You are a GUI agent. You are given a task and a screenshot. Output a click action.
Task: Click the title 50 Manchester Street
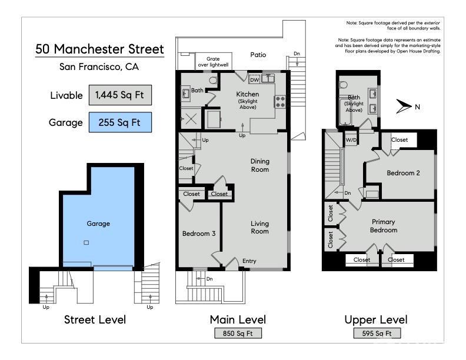pyautogui.click(x=99, y=49)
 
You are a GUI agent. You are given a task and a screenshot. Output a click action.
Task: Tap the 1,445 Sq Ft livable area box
pyautogui.click(x=120, y=95)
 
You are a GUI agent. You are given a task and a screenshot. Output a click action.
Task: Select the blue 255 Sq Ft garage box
pyautogui.click(x=120, y=122)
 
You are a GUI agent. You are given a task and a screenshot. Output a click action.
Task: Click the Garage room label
pyautogui.click(x=98, y=224)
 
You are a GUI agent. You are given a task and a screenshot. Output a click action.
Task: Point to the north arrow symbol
pyautogui.click(x=404, y=106)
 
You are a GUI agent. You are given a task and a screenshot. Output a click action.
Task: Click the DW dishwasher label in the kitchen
pyautogui.click(x=254, y=80)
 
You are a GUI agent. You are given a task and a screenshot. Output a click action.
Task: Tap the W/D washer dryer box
pyautogui.click(x=351, y=140)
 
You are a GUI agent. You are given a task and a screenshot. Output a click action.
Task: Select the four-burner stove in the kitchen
pyautogui.click(x=280, y=101)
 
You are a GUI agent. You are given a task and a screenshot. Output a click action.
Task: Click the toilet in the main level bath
pyautogui.click(x=213, y=80)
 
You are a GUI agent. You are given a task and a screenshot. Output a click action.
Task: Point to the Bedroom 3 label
pyautogui.click(x=199, y=234)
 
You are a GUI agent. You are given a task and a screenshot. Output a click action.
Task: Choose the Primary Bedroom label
pyautogui.click(x=384, y=226)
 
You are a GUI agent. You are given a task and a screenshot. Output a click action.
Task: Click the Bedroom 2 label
pyautogui.click(x=403, y=173)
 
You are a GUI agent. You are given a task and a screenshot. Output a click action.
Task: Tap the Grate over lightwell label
pyautogui.click(x=213, y=62)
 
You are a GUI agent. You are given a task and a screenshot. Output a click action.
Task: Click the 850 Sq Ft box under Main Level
pyautogui.click(x=238, y=334)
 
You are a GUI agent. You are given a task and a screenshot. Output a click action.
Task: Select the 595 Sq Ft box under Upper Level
pyautogui.click(x=377, y=334)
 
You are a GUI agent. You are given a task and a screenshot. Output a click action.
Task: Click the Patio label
pyautogui.click(x=258, y=55)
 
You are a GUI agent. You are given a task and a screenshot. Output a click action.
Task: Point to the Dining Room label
pyautogui.click(x=259, y=165)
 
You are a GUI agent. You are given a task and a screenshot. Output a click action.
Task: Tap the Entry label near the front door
pyautogui.click(x=249, y=261)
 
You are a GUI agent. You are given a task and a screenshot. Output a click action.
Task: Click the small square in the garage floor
pyautogui.click(x=86, y=243)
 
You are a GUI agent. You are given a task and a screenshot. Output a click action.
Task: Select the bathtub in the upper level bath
pyautogui.click(x=345, y=112)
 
